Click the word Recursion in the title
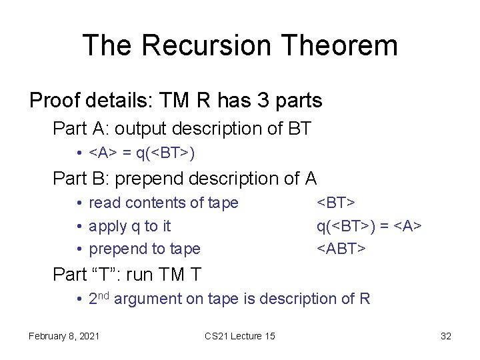pyautogui.click(x=207, y=45)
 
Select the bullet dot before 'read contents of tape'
pyautogui.click(x=79, y=203)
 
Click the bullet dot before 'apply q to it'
pyautogui.click(x=79, y=226)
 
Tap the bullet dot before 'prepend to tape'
pyautogui.click(x=79, y=249)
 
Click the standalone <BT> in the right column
pyautogui.click(x=336, y=203)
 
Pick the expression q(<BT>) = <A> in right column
pyautogui.click(x=369, y=226)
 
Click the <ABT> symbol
pyautogui.click(x=341, y=249)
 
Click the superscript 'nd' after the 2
pyautogui.click(x=103, y=295)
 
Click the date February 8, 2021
pyautogui.click(x=64, y=336)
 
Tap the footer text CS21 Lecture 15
pyautogui.click(x=239, y=336)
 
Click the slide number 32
pyautogui.click(x=446, y=336)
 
